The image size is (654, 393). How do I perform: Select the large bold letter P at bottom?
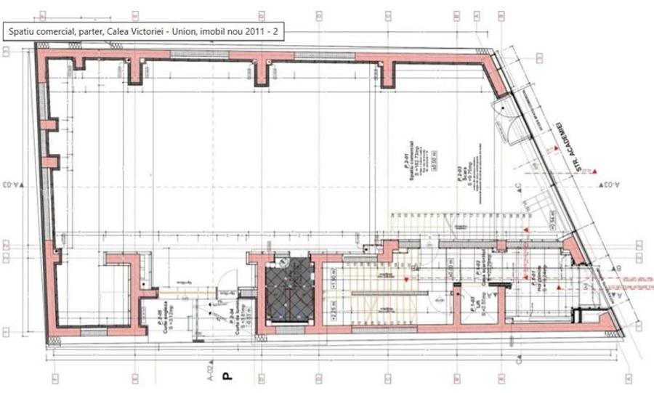pos(226,376)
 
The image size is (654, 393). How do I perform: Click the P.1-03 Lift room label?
pos(471,306)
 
